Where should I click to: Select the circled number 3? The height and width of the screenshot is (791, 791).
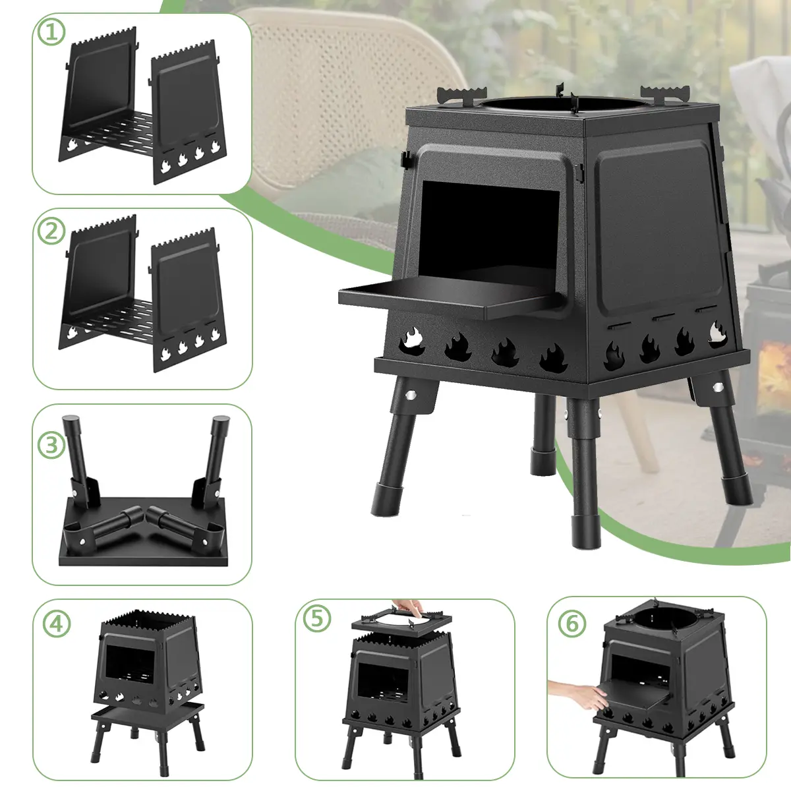[x=51, y=445]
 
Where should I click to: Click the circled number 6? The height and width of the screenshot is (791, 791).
[x=571, y=623]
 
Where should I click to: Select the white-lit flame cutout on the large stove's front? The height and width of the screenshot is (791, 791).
[x=412, y=341]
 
